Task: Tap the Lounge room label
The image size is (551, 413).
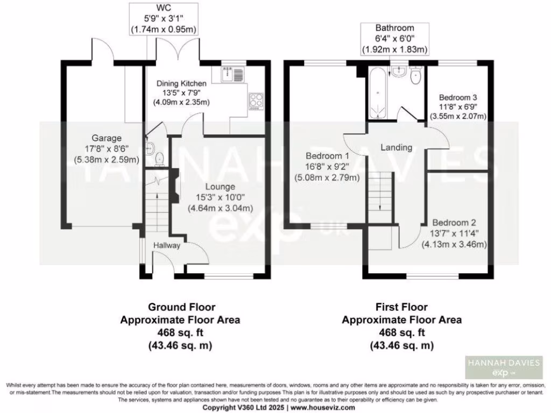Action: pos(218,187)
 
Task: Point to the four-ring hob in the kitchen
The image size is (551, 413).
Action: pos(257,101)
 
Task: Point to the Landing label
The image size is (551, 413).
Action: pos(396,147)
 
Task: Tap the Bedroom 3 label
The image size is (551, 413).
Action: pos(458,97)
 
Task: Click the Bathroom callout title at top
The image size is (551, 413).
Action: pos(395,28)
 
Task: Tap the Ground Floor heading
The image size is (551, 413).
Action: pos(182,307)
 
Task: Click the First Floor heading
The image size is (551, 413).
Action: pos(401,307)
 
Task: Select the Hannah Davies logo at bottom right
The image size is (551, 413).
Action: pos(503,368)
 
